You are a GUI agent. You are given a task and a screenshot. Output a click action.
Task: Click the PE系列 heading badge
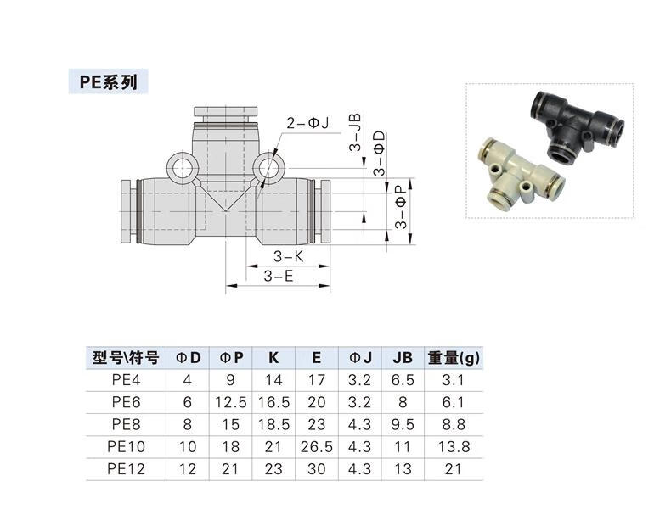pos(108,81)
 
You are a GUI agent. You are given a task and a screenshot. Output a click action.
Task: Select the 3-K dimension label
pos(289,256)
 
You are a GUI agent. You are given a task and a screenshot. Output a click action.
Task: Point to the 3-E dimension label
pos(278,276)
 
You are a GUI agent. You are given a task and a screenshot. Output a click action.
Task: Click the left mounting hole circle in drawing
pos(181,166)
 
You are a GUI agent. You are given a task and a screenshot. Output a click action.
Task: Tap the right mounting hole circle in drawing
pos(270,165)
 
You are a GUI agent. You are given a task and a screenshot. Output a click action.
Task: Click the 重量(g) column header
pos(454,357)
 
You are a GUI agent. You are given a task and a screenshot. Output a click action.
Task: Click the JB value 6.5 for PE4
pos(403,380)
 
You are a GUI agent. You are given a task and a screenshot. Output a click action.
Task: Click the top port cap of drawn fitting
pos(226,112)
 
